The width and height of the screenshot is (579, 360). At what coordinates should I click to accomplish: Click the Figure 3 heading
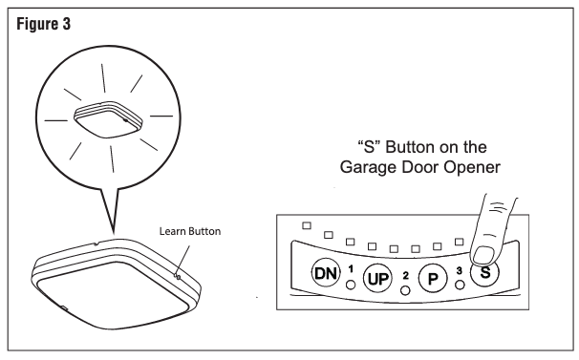click(x=44, y=25)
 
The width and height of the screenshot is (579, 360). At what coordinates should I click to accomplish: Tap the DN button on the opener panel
click(x=325, y=273)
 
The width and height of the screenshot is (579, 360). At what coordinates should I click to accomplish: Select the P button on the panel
click(x=433, y=278)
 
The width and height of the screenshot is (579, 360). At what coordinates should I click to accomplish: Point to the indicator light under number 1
click(x=351, y=285)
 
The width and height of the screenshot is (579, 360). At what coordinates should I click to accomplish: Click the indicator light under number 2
click(x=405, y=290)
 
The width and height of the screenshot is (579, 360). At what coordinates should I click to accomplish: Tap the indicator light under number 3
click(x=460, y=286)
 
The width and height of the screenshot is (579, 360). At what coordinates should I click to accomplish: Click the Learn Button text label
click(x=190, y=231)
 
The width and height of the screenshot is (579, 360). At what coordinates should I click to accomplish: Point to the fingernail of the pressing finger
click(x=483, y=256)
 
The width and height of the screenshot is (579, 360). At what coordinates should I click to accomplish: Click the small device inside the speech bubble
click(x=109, y=119)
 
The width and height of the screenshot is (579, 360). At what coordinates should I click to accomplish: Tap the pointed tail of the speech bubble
click(x=113, y=233)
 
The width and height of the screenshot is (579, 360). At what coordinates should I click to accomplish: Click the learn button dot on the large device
click(x=178, y=276)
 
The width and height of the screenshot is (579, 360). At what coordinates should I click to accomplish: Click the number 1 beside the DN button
click(x=351, y=268)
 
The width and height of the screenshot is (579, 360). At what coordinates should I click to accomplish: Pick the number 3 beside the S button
click(x=459, y=270)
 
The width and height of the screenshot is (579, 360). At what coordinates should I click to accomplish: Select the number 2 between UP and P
click(x=406, y=275)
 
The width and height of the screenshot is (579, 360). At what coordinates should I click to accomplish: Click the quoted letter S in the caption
click(x=369, y=147)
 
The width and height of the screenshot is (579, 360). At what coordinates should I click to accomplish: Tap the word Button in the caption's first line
click(x=411, y=147)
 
